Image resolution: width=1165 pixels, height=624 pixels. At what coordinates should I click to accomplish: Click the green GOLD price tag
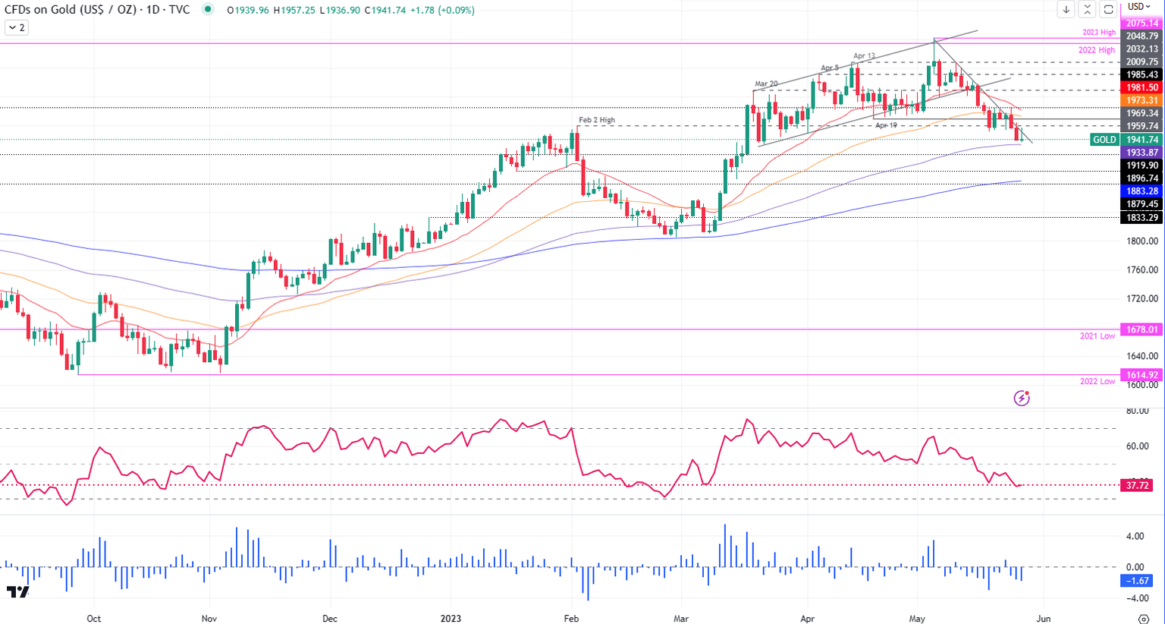(x=1104, y=140)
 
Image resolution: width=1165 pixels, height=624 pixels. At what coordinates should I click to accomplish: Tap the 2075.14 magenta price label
(x=1141, y=24)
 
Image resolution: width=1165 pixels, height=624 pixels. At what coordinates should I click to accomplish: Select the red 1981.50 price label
(x=1141, y=87)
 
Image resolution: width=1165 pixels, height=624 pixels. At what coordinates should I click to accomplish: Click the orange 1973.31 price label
(x=1141, y=100)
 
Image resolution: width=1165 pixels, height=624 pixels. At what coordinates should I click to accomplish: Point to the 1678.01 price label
(x=1141, y=329)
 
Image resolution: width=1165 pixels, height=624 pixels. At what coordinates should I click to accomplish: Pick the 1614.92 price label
(x=1141, y=375)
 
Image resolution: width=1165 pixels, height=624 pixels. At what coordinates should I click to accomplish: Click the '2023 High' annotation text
(x=1098, y=33)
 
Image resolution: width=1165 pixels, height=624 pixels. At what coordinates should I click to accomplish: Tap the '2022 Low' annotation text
(x=1097, y=381)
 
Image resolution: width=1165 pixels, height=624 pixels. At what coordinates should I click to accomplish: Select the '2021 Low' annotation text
(x=1097, y=336)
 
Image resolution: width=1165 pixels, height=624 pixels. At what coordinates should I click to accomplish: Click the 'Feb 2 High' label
(x=596, y=120)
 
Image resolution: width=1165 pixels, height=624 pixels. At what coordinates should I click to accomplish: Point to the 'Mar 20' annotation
(x=766, y=84)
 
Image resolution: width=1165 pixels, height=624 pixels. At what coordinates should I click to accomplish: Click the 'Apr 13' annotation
(x=864, y=56)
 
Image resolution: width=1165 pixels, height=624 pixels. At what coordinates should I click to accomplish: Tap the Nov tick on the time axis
(x=209, y=619)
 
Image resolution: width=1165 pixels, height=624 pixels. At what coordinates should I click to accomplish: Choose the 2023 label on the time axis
(x=451, y=619)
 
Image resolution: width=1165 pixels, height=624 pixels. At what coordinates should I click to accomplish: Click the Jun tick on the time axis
(x=1044, y=619)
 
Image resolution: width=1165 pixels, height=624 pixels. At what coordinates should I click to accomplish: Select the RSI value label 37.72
(x=1137, y=485)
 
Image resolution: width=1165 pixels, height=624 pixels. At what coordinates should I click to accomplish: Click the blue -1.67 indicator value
(x=1137, y=581)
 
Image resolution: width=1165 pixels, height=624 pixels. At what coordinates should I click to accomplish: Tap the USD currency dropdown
(x=1138, y=7)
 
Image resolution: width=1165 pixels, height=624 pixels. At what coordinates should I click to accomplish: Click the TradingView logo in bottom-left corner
(x=17, y=592)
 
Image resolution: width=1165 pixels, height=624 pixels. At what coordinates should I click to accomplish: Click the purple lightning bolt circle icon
(x=1022, y=398)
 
